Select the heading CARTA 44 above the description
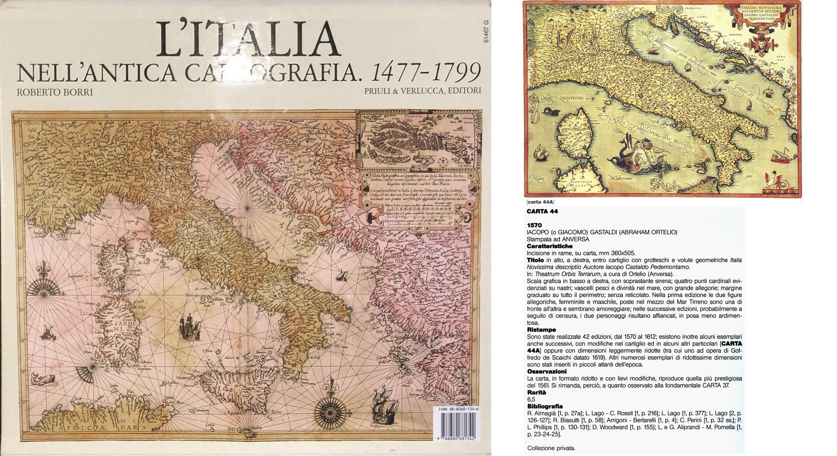542,211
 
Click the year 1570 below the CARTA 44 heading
534,225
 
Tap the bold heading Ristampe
541,330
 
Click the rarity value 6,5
531,399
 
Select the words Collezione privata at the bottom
551,448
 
